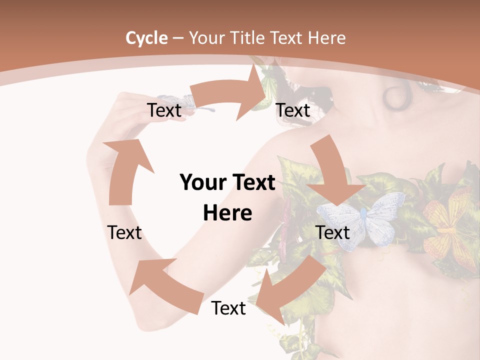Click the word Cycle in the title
click(146, 38)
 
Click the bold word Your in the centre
click(202, 183)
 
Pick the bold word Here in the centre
click(227, 213)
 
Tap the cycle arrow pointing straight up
click(122, 170)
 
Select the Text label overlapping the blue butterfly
click(333, 232)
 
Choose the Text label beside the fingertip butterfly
click(164, 110)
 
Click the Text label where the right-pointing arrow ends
click(293, 110)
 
